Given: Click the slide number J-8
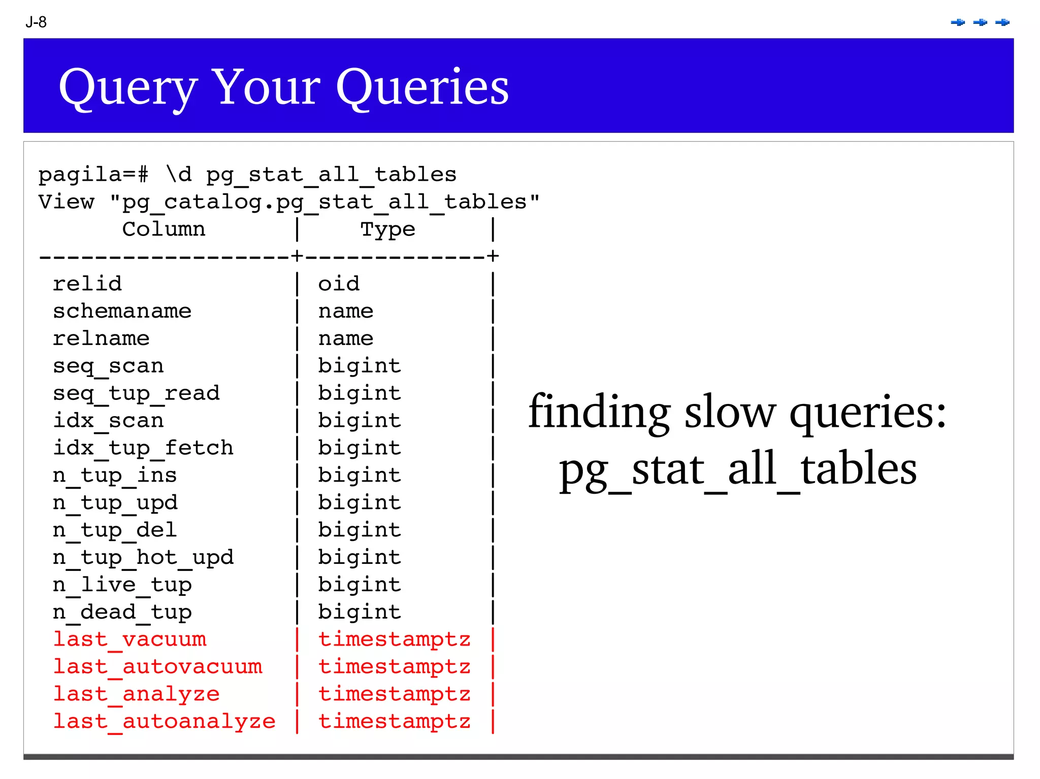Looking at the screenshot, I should pyautogui.click(x=36, y=22).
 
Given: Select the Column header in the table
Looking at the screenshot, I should pyautogui.click(x=164, y=229).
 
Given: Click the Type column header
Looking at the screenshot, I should pyautogui.click(x=387, y=229).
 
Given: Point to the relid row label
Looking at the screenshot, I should pyautogui.click(x=87, y=284).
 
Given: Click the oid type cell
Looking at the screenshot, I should pyautogui.click(x=339, y=284).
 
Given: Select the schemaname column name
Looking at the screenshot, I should pyautogui.click(x=122, y=311).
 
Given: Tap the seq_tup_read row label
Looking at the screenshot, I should pyautogui.click(x=136, y=393).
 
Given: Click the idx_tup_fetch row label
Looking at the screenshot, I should pyautogui.click(x=143, y=448).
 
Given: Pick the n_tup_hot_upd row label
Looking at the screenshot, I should pyautogui.click(x=143, y=558).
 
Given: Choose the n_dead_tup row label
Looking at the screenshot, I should pyautogui.click(x=122, y=613).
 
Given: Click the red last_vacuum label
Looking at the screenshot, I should pyautogui.click(x=129, y=639).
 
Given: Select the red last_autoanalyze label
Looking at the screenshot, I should pyautogui.click(x=164, y=722).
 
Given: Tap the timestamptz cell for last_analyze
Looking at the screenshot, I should pyautogui.click(x=394, y=694).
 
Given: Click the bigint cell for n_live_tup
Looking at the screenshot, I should pyautogui.click(x=360, y=585).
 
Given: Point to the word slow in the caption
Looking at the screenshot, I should pyautogui.click(x=730, y=412).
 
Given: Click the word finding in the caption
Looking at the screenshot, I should pyautogui.click(x=599, y=412).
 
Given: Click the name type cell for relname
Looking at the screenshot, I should pyautogui.click(x=346, y=338).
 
